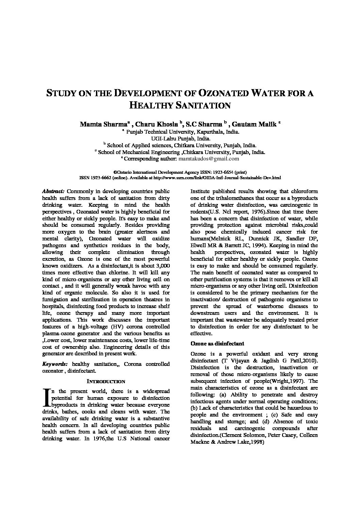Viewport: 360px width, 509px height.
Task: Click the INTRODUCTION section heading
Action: click(106, 381)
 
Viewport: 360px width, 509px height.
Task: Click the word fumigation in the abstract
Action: click(56, 299)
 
